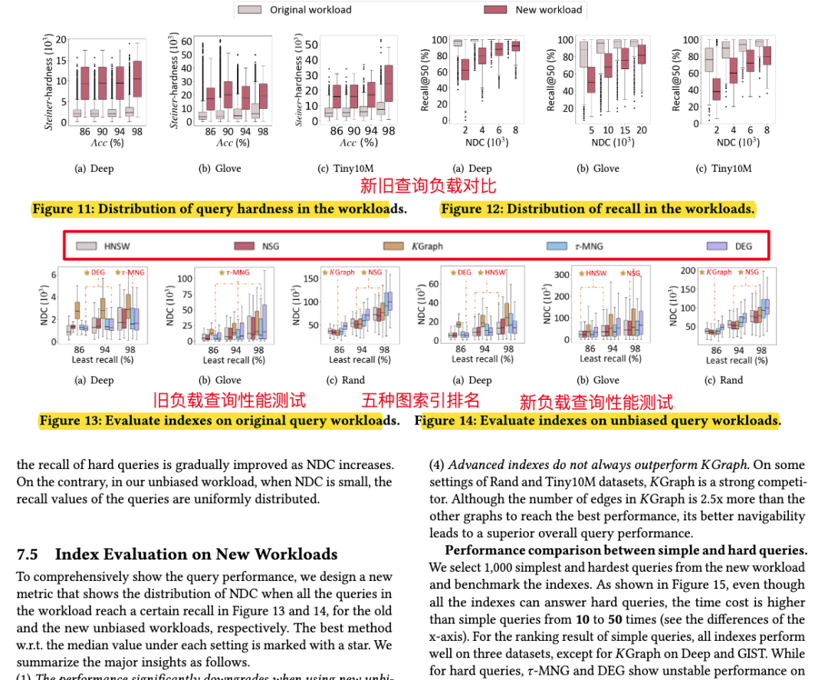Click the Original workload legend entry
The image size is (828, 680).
pos(295,10)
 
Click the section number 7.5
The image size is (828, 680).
pos(28,554)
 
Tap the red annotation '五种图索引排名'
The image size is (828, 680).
pos(420,400)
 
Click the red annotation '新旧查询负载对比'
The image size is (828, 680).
pos(429,186)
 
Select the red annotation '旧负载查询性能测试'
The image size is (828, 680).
pos(229,400)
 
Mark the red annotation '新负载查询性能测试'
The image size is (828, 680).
pos(596,401)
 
